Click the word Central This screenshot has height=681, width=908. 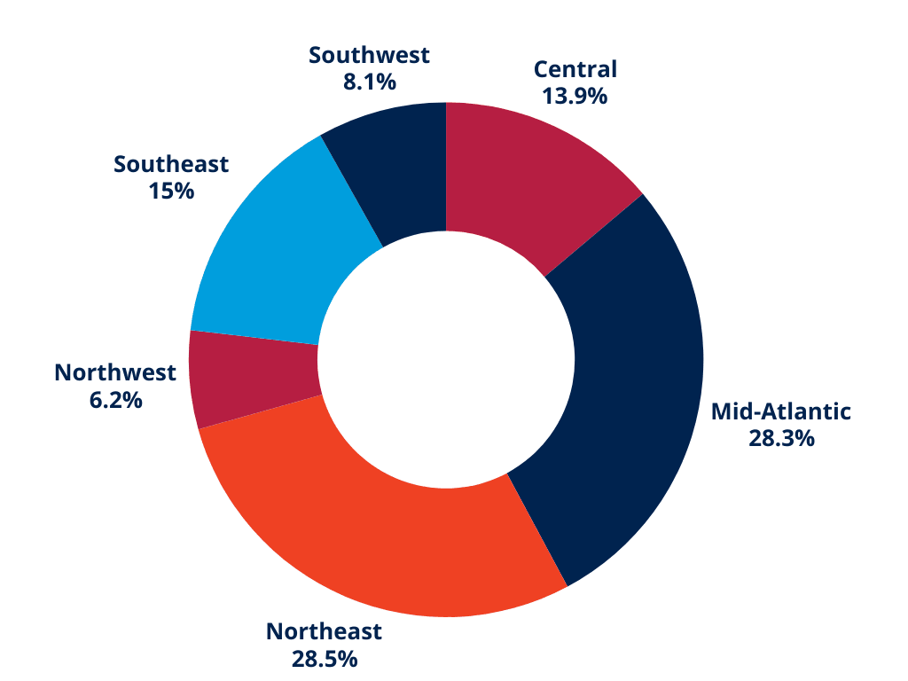pyautogui.click(x=575, y=69)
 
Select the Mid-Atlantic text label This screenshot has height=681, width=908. pyautogui.click(x=781, y=411)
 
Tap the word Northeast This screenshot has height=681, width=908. pyautogui.click(x=324, y=631)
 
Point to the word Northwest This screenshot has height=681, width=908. pyautogui.click(x=115, y=372)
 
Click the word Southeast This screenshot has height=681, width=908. pyautogui.click(x=171, y=164)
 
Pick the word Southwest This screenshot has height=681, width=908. pyautogui.click(x=369, y=55)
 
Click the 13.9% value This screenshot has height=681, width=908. pyautogui.click(x=575, y=96)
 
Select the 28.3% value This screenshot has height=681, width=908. pyautogui.click(x=781, y=438)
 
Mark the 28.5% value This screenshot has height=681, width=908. pyautogui.click(x=324, y=658)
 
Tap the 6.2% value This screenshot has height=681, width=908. pyautogui.click(x=115, y=399)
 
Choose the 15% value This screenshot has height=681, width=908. pyautogui.click(x=171, y=191)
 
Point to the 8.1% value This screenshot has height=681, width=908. pyautogui.click(x=369, y=82)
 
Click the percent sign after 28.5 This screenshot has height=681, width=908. pyautogui.click(x=347, y=658)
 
